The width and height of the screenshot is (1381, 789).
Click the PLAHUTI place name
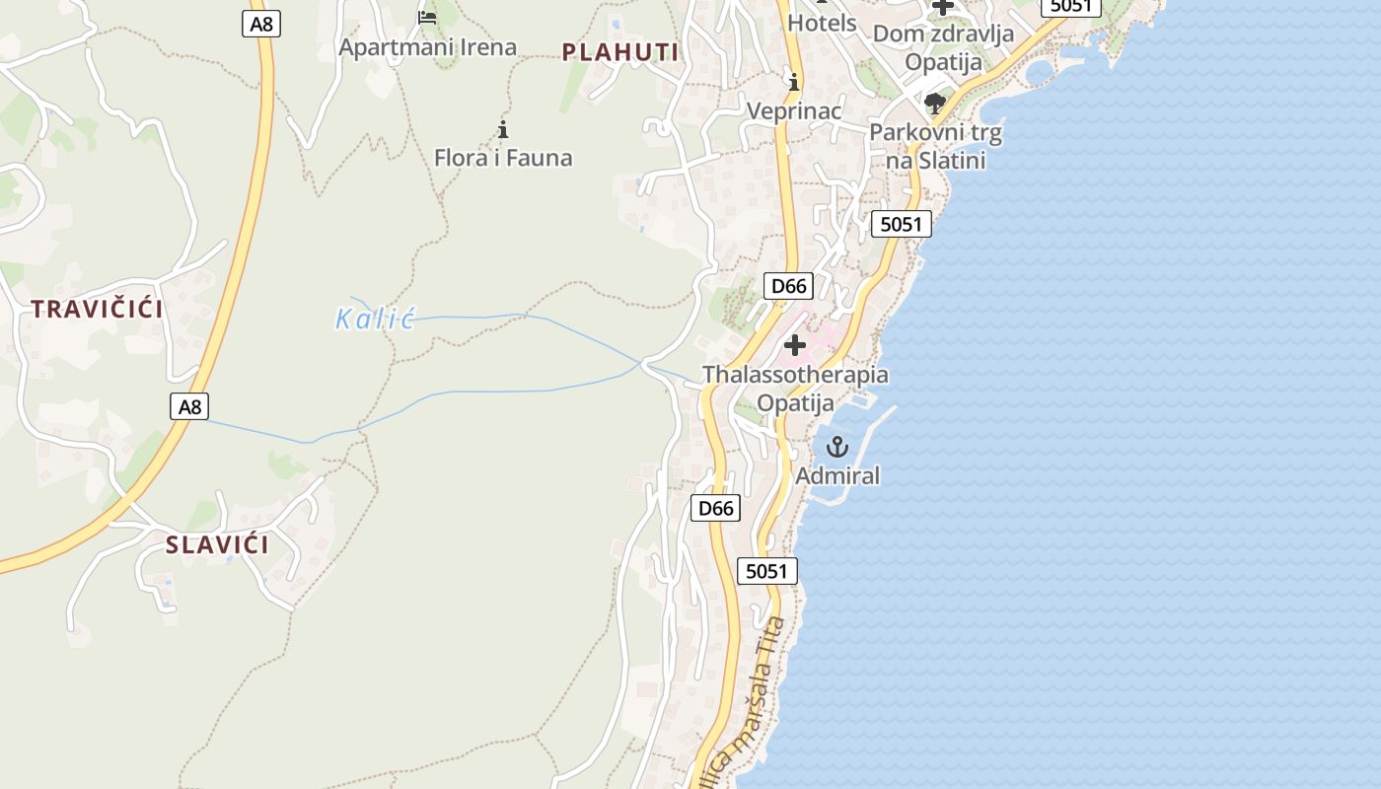(x=620, y=52)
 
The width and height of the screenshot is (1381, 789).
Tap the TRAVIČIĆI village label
(x=97, y=309)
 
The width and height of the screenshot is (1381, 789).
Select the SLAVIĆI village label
(x=217, y=544)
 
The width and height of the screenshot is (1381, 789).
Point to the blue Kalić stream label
(x=375, y=319)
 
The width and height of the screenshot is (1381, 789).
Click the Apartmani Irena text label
(x=427, y=46)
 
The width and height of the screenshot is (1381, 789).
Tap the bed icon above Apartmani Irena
(x=427, y=18)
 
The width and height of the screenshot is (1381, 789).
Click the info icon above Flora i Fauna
(x=503, y=129)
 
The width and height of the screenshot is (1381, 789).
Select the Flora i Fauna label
(x=503, y=158)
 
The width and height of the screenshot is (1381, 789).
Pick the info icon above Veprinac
(x=793, y=81)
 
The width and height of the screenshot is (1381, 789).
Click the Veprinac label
(x=794, y=110)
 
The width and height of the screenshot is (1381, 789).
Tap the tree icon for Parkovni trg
(x=935, y=104)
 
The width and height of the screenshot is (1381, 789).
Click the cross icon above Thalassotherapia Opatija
(x=795, y=345)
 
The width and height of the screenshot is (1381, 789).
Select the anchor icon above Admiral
(x=836, y=447)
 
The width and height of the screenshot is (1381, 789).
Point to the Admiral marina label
(x=837, y=475)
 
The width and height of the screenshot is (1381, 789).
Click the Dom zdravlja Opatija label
(x=944, y=47)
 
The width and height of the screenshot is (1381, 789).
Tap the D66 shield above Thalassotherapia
(x=788, y=286)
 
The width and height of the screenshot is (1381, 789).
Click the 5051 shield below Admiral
(x=766, y=570)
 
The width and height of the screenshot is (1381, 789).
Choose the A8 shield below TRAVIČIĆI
(x=188, y=405)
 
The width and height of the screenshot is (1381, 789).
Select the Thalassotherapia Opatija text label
(x=795, y=389)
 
